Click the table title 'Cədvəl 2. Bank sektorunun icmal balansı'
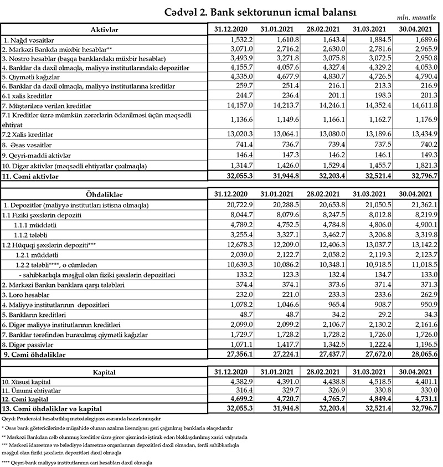pyautogui.click(x=260, y=12)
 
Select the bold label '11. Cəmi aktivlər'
pyautogui.click(x=33, y=177)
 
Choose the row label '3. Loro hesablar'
pyautogui.click(x=27, y=294)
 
